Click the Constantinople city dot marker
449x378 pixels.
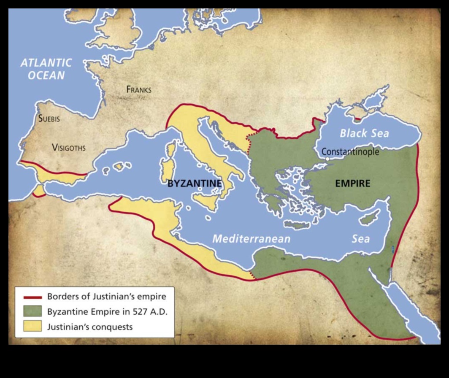pos(327,159)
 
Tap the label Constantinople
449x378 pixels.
pos(350,152)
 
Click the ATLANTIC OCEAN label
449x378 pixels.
pos(46,69)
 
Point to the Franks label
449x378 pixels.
pos(138,89)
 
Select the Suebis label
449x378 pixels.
pos(49,119)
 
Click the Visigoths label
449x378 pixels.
pos(68,148)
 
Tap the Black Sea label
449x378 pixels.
pos(364,134)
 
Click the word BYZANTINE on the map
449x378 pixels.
pos(195,184)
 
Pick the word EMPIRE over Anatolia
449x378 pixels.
pos(352,184)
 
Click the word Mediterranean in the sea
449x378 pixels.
pos(251,239)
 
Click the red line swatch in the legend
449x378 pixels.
pos(30,296)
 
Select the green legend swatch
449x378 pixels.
pos(30,311)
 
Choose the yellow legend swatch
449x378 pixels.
pos(30,326)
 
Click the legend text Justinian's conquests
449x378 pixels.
pos(90,327)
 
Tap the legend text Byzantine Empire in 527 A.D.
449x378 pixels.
pos(108,312)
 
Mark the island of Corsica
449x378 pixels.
pos(171,149)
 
